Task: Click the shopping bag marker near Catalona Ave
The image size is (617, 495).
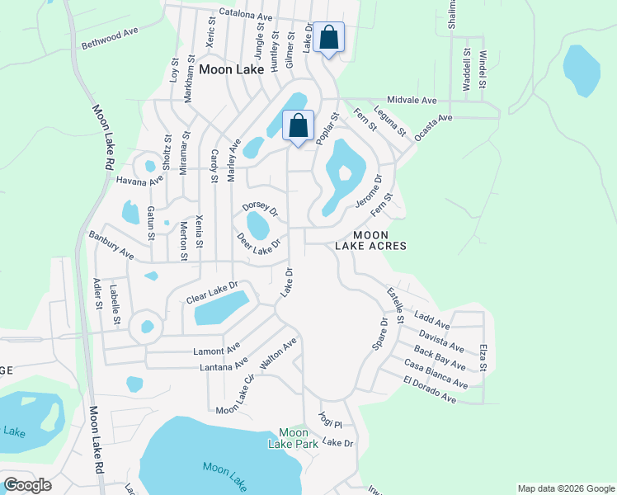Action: pos(328,38)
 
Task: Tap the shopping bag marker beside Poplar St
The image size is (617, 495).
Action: pos(299,127)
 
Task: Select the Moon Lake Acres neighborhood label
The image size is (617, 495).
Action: pos(371,240)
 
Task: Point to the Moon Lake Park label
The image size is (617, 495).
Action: pos(293,438)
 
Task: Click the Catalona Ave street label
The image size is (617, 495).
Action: pos(246,16)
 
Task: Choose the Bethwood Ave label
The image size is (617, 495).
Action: pos(109,38)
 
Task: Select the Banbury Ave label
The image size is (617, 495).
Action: pos(111,246)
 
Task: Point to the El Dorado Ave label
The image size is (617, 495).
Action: pos(430,389)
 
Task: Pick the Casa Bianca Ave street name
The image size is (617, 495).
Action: pos(436,374)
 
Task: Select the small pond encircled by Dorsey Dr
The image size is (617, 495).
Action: pos(258,224)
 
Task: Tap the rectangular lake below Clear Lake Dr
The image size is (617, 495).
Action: pos(220,309)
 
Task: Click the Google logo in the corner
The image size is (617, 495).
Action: pos(27,485)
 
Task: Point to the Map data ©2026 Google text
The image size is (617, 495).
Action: pos(565,488)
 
